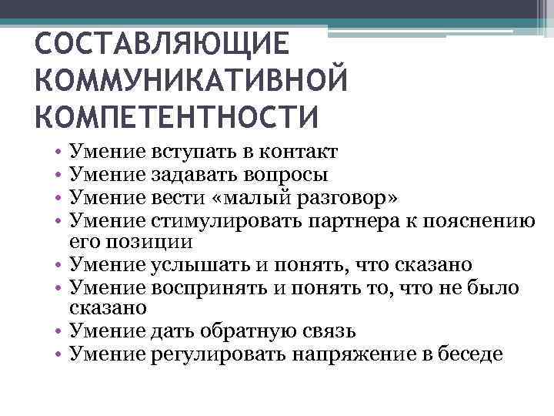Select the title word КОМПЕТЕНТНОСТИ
click(176, 116)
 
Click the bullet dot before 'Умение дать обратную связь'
click(59, 333)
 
